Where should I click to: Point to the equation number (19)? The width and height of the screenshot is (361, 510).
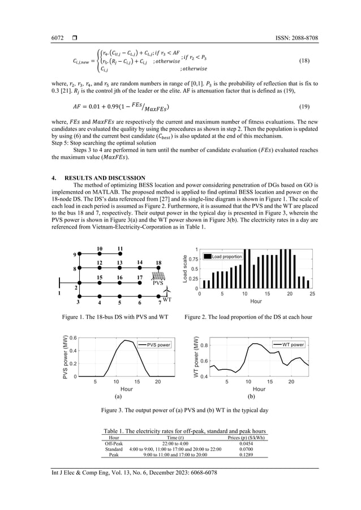tap(311, 106)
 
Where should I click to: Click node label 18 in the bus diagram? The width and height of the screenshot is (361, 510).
tap(158, 263)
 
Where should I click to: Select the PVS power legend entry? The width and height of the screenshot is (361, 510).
tap(154, 344)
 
